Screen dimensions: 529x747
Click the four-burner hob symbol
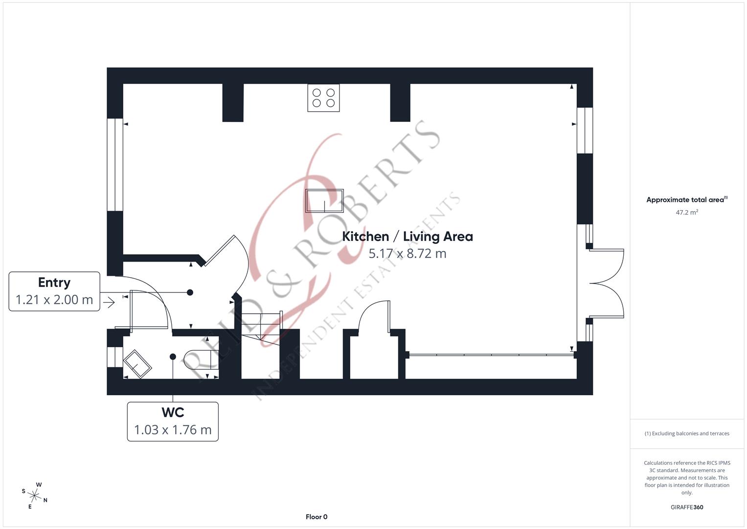323,97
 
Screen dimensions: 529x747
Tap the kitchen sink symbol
324,201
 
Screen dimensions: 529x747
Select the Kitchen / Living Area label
407,237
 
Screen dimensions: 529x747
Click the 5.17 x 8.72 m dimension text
407,254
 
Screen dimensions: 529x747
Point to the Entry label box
54,291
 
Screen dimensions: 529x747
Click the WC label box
173,421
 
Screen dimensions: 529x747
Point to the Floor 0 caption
317,517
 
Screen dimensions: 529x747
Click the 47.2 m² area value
687,213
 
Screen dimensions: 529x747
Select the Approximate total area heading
686,200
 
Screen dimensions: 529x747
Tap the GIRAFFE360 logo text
686,507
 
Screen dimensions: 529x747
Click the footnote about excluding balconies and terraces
687,433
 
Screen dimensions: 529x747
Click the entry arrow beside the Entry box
109,303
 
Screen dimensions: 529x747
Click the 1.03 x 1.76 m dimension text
173,430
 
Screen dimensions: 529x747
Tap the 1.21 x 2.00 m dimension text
54,300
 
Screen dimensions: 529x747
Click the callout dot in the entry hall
190,292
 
